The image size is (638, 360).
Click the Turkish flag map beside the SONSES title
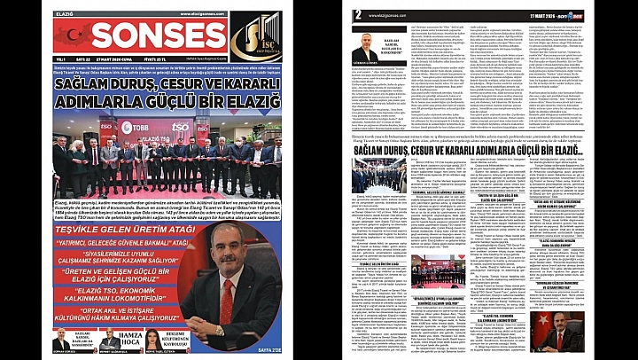point(71,35)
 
